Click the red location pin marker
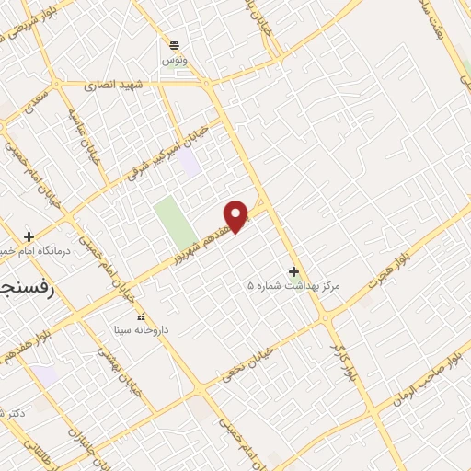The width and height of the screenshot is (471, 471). point(237,215)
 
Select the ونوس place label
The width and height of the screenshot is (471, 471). point(173,59)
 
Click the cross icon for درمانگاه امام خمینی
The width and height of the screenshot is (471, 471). point(29,235)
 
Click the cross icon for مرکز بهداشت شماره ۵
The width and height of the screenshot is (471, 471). point(293,271)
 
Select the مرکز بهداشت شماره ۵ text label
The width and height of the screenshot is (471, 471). point(293,286)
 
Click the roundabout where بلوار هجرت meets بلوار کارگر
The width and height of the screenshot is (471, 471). point(327,317)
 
